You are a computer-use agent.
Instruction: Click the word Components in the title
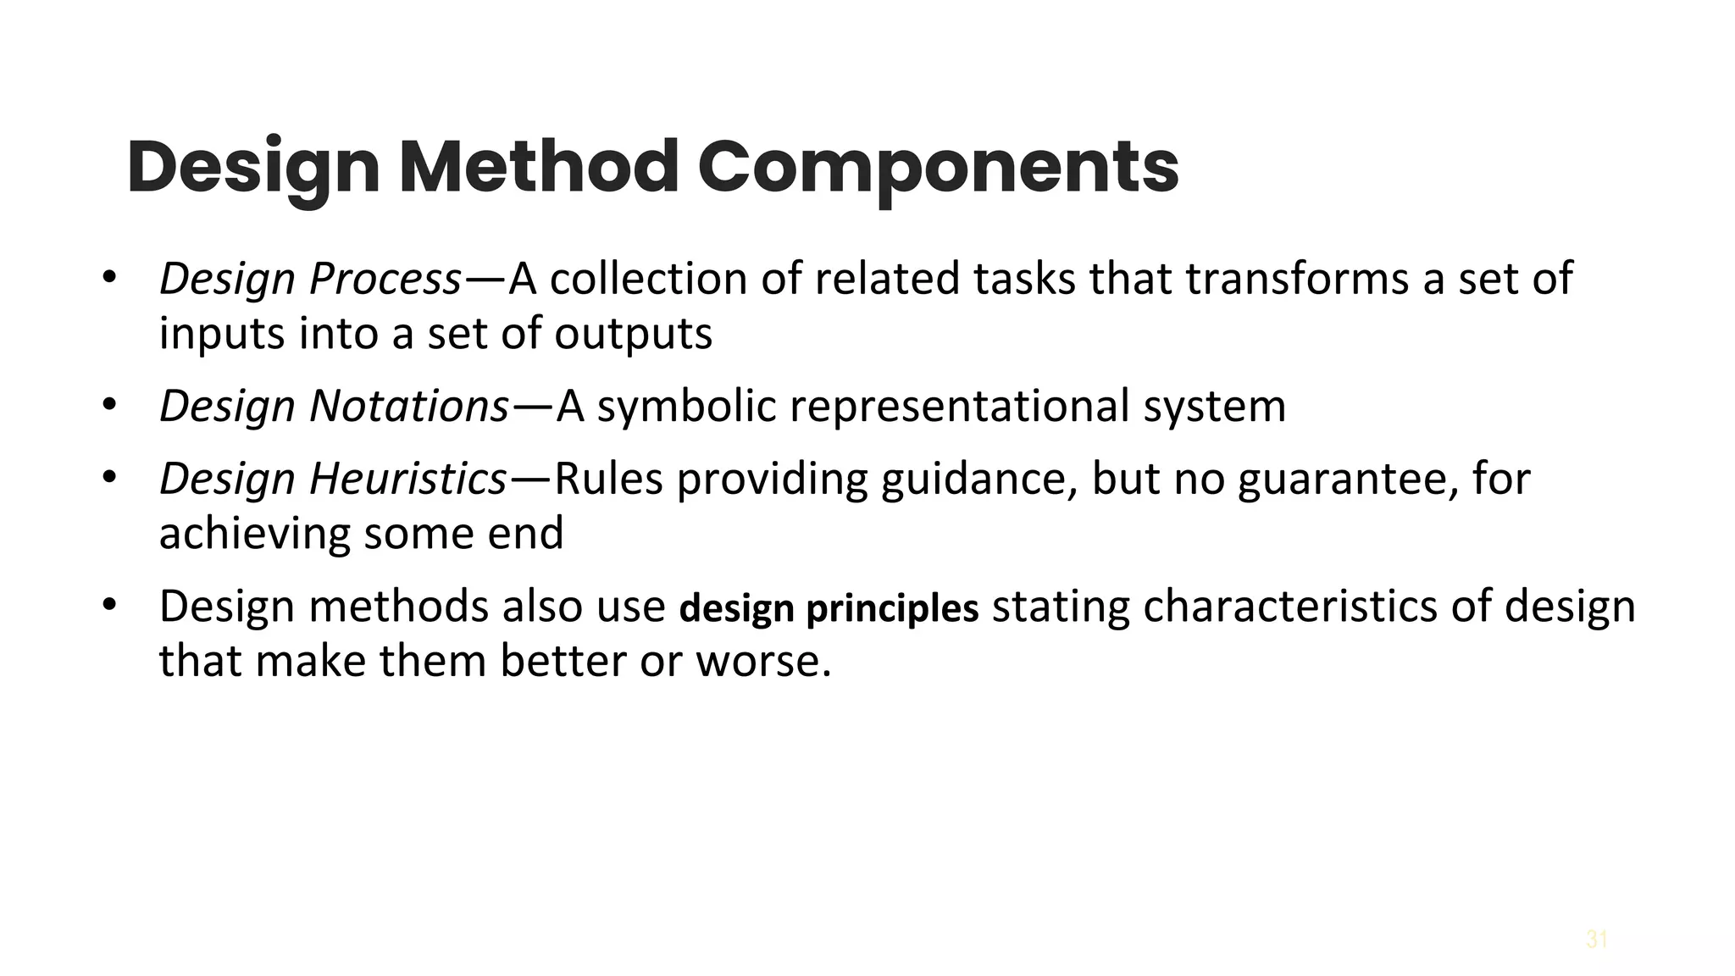pyautogui.click(x=938, y=167)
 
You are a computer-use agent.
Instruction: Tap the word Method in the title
pyautogui.click(x=539, y=167)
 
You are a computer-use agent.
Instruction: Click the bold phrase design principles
pyautogui.click(x=829, y=608)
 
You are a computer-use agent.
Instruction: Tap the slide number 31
pyautogui.click(x=1597, y=940)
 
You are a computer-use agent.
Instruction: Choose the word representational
pyautogui.click(x=960, y=406)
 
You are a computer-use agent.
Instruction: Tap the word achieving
pyautogui.click(x=254, y=534)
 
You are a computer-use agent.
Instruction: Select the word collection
pyautogui.click(x=648, y=279)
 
